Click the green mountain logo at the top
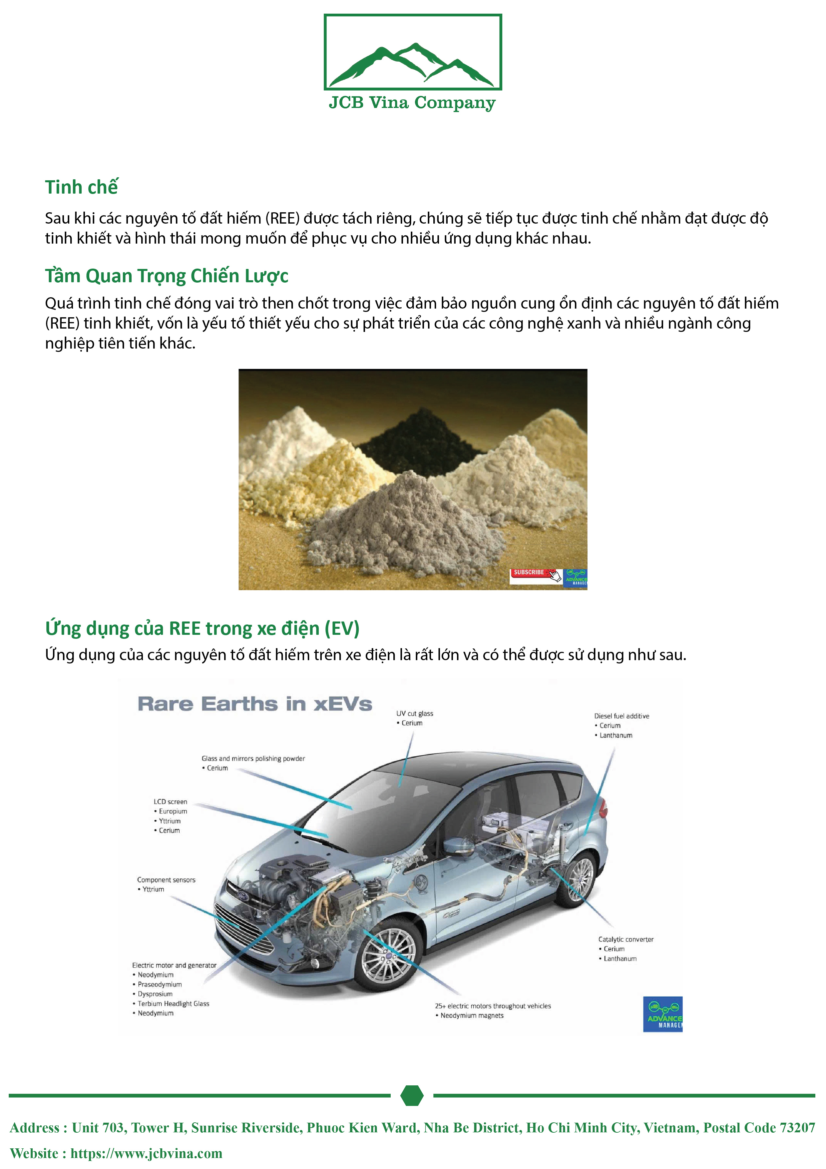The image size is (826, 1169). (x=412, y=64)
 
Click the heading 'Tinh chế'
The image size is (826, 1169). (x=81, y=187)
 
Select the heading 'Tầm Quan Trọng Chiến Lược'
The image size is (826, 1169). (x=167, y=276)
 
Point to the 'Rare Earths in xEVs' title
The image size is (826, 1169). (x=254, y=704)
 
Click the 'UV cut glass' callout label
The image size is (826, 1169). (x=415, y=714)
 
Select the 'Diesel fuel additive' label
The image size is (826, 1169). (x=621, y=716)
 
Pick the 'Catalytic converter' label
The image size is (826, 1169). (x=625, y=939)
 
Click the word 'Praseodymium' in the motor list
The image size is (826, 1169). (x=159, y=984)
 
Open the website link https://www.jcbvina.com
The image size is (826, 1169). (x=146, y=1153)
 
